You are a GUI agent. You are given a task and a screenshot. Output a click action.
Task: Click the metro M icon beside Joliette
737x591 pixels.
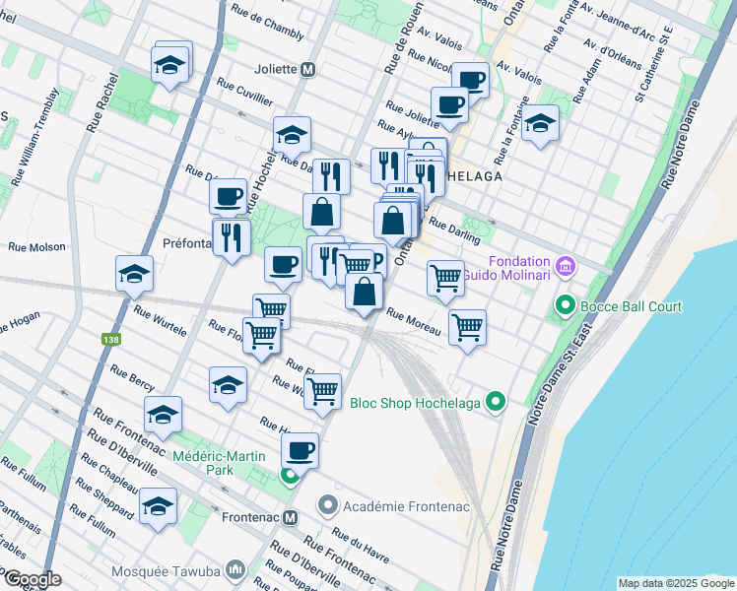click(308, 70)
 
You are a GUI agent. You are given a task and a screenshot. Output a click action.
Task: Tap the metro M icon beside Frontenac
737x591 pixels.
click(290, 517)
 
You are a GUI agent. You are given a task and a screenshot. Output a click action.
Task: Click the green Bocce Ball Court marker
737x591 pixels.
click(565, 306)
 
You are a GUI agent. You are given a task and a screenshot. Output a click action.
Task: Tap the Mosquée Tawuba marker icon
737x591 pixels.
click(235, 569)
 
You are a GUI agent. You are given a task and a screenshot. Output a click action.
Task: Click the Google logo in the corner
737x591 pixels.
click(33, 579)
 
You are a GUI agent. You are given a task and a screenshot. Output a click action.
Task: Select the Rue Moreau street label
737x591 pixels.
click(412, 323)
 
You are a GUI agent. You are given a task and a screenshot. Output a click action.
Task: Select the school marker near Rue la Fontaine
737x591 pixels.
click(539, 124)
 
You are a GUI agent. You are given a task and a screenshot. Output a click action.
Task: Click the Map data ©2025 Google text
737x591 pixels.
click(675, 583)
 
